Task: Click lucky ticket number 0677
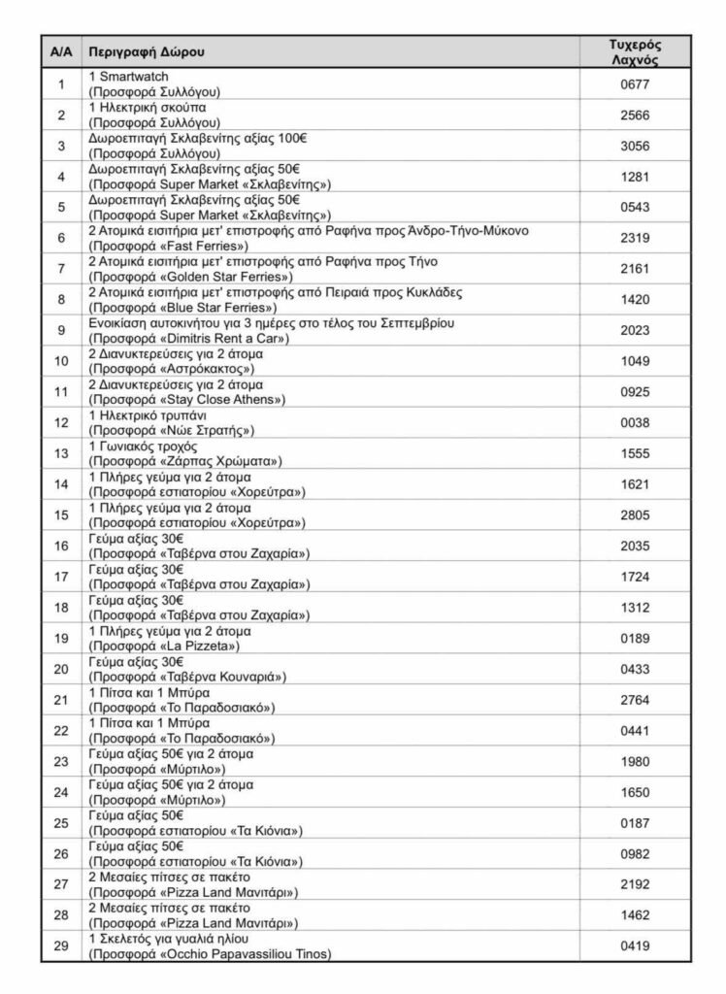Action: pos(635,84)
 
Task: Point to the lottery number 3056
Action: pos(635,146)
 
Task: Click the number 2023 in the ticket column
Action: pos(635,329)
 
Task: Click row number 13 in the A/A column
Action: pos(61,452)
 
